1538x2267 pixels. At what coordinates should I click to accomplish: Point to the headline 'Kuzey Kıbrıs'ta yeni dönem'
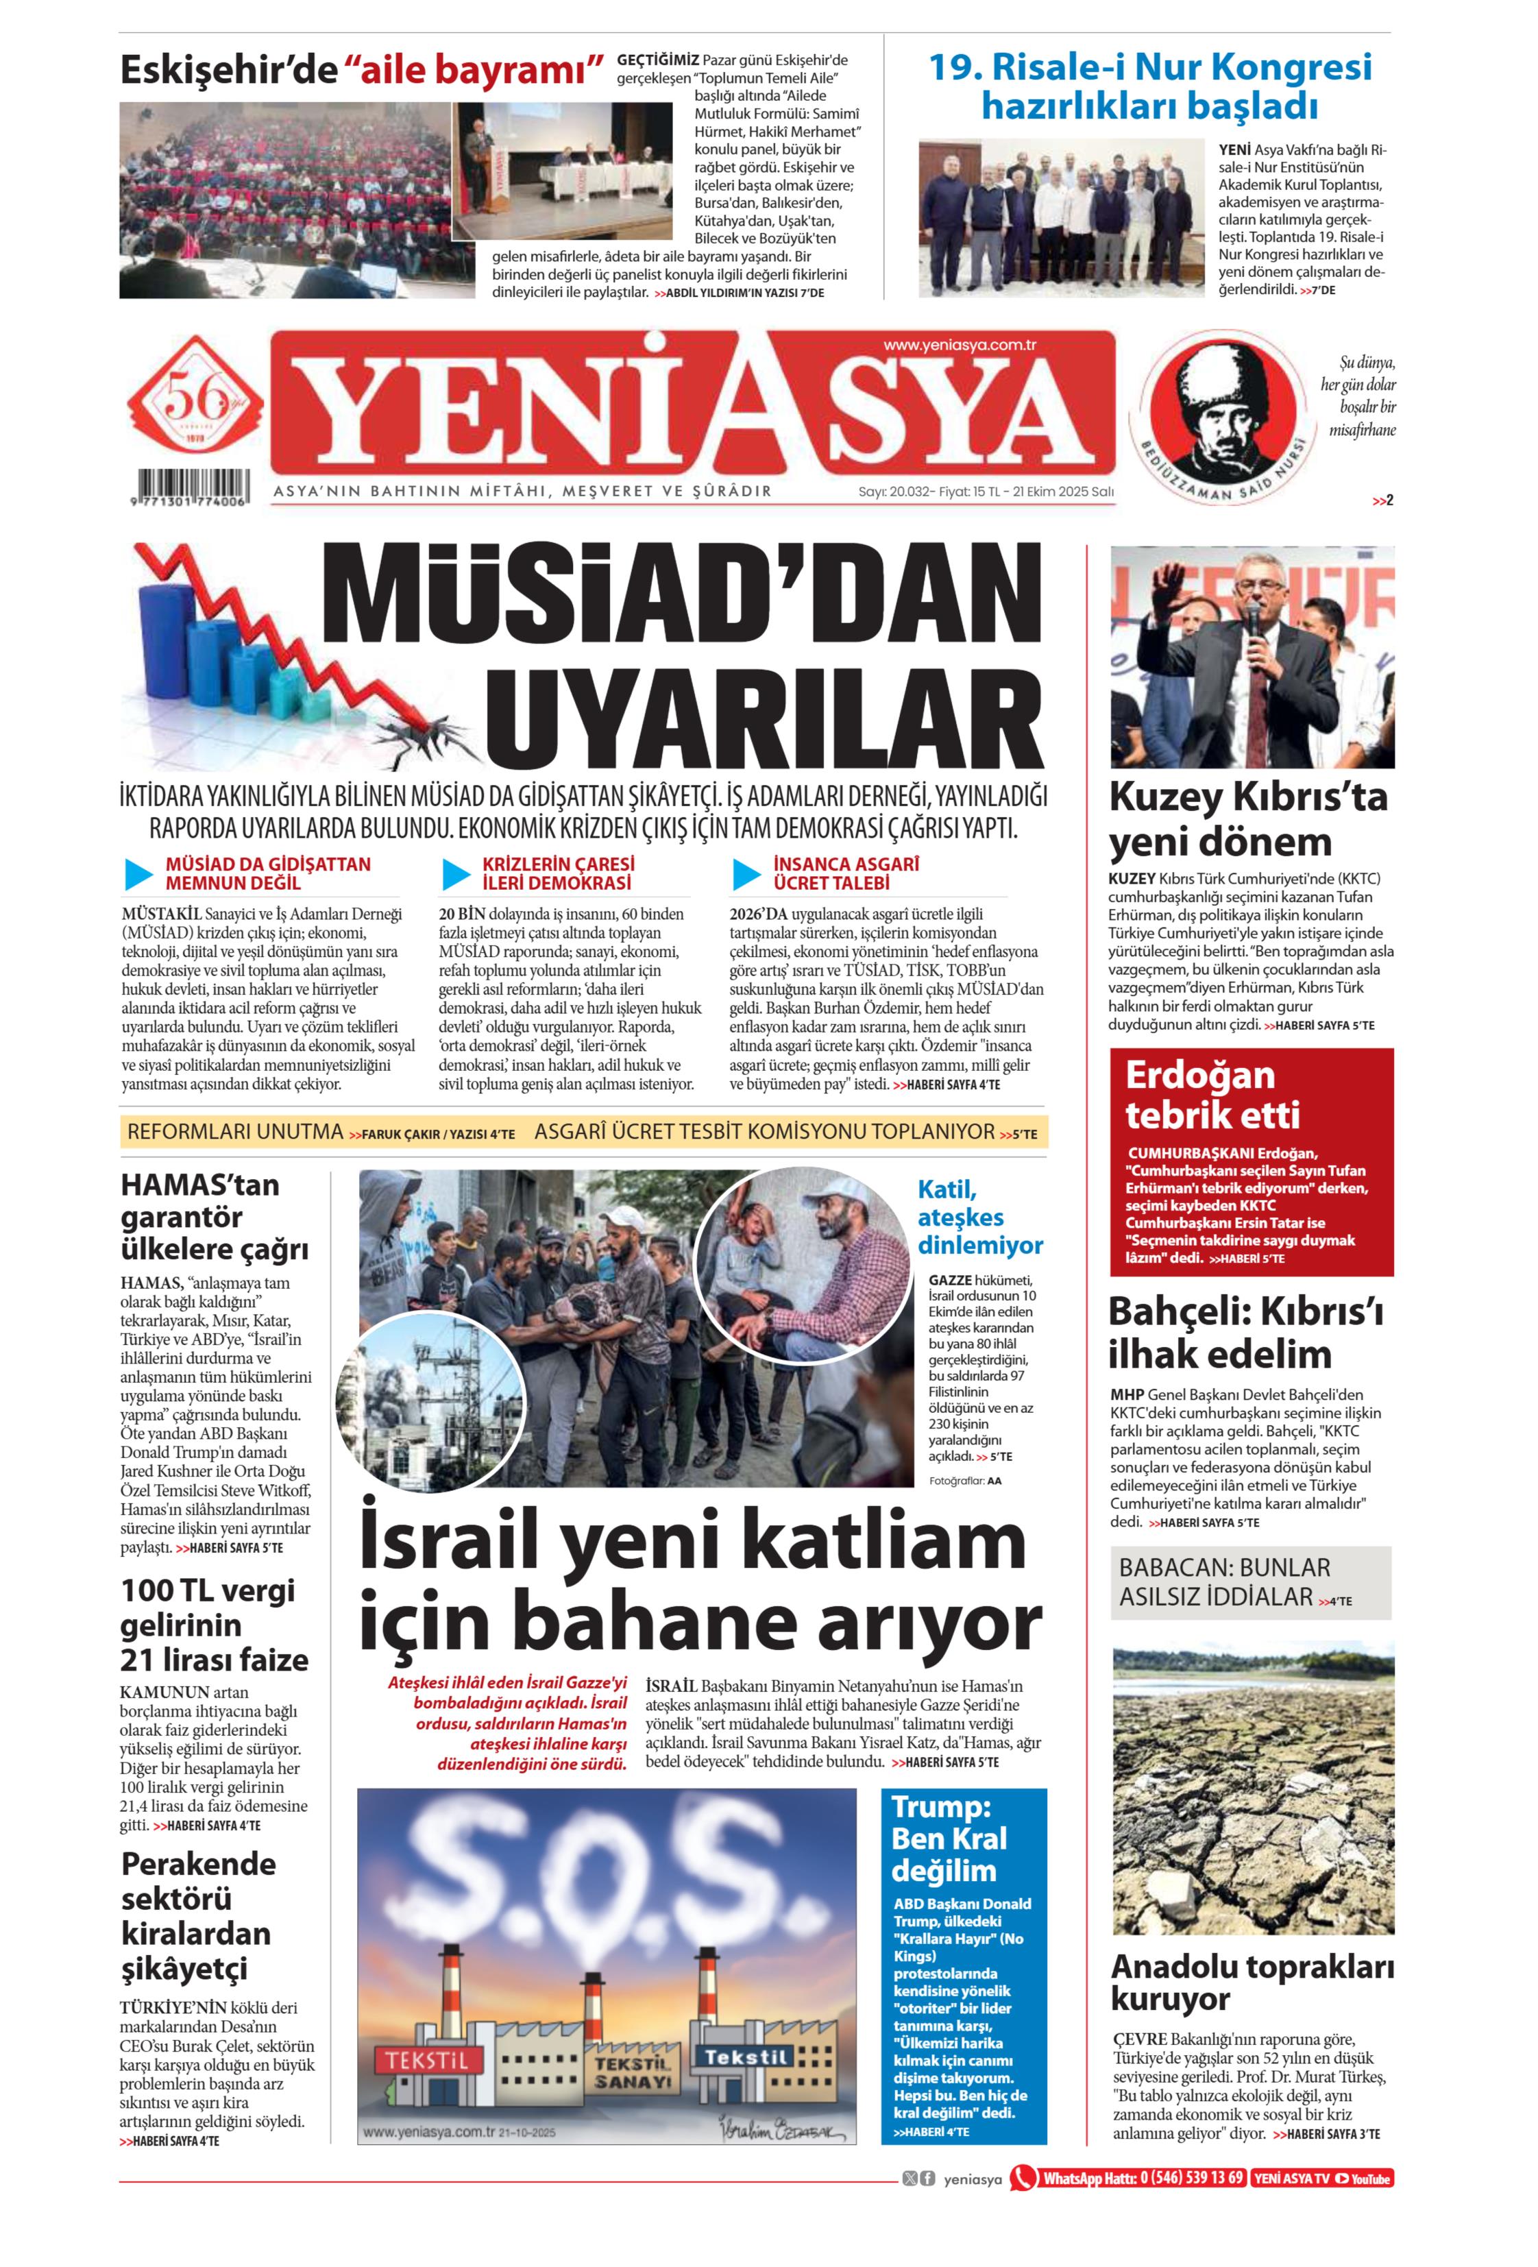pyautogui.click(x=1247, y=819)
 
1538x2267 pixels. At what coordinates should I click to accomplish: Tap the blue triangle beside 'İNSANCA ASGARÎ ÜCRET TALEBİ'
pyautogui.click(x=746, y=874)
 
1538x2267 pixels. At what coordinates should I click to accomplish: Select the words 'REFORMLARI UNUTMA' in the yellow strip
pyautogui.click(x=235, y=1132)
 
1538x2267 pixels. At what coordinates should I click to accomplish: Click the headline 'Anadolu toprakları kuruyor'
pyautogui.click(x=1252, y=1982)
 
